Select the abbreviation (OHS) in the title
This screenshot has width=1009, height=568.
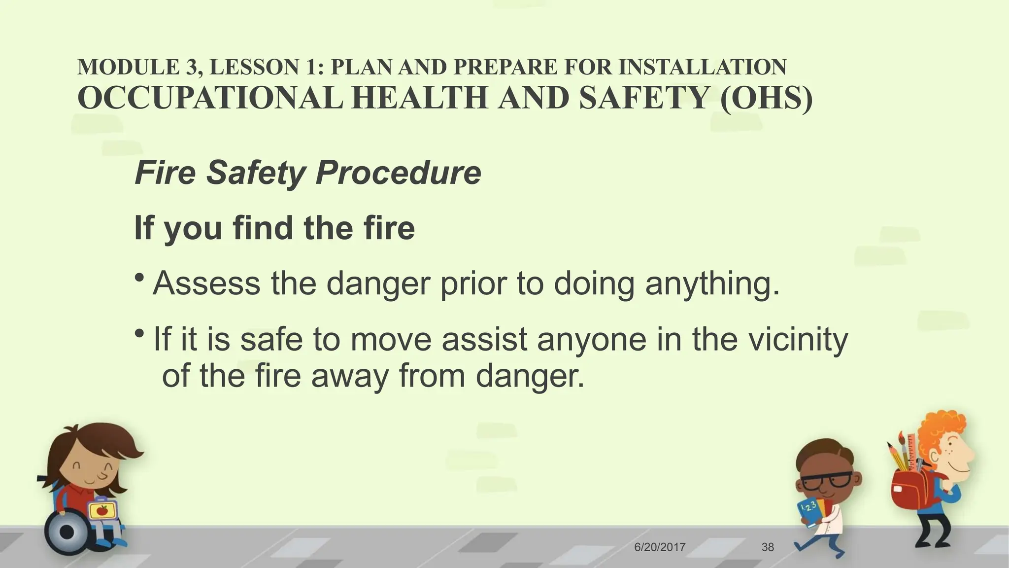pyautogui.click(x=766, y=98)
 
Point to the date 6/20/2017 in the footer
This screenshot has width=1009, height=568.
pyautogui.click(x=660, y=547)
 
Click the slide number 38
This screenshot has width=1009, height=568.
pyautogui.click(x=768, y=547)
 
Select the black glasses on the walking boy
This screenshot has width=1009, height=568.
pyautogui.click(x=825, y=480)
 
